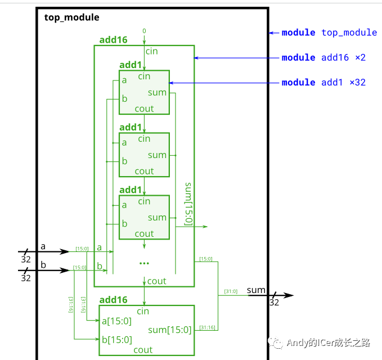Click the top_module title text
tap(71, 17)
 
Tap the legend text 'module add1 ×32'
tap(323, 82)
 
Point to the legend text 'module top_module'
tap(329, 33)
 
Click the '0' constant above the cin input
tap(144, 30)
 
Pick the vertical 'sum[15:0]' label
tap(188, 204)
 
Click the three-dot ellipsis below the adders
tap(144, 262)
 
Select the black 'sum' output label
tap(256, 290)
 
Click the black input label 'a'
tap(43, 246)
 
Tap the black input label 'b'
tap(43, 264)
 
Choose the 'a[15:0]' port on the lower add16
tap(116, 321)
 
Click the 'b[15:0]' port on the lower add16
tap(116, 339)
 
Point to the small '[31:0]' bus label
tap(231, 291)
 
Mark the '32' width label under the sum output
tap(274, 303)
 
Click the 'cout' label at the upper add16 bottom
tap(156, 281)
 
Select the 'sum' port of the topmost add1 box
tap(158, 92)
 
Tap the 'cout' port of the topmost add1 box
tap(144, 109)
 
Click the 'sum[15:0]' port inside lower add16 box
tap(170, 330)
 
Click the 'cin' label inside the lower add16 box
tap(143, 311)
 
